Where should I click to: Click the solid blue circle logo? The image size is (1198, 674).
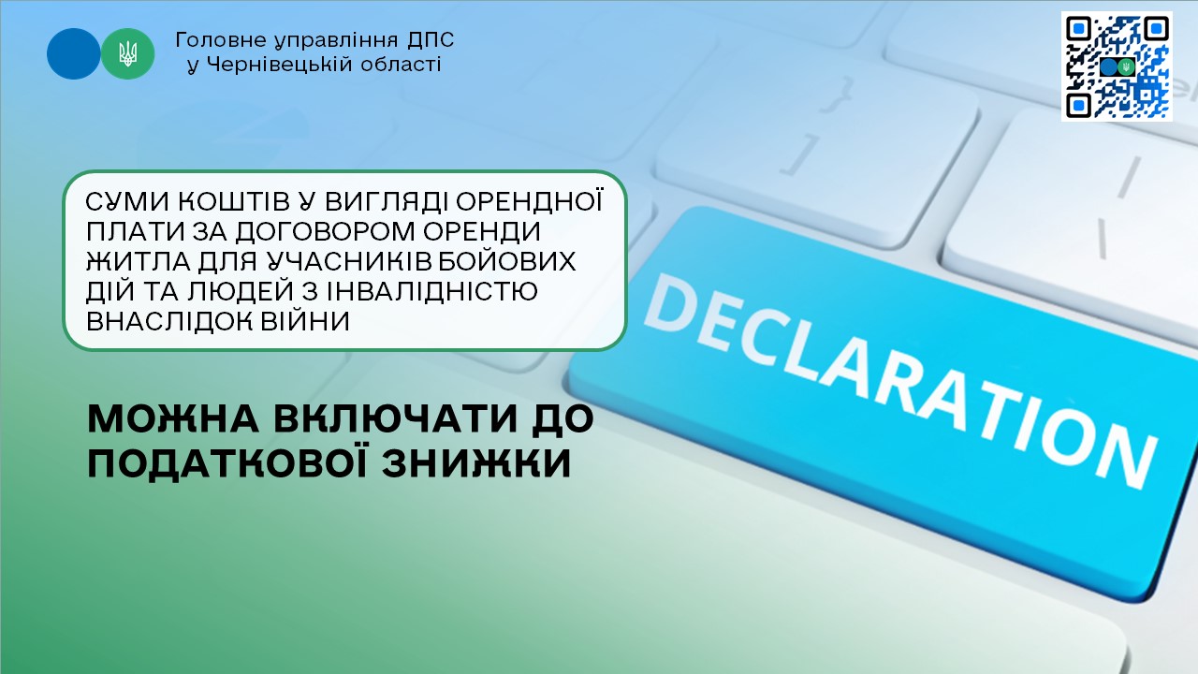(73, 54)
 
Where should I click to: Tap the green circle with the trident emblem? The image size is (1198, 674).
(128, 54)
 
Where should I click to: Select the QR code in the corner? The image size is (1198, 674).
(1117, 66)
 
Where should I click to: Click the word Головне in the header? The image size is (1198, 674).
(221, 40)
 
